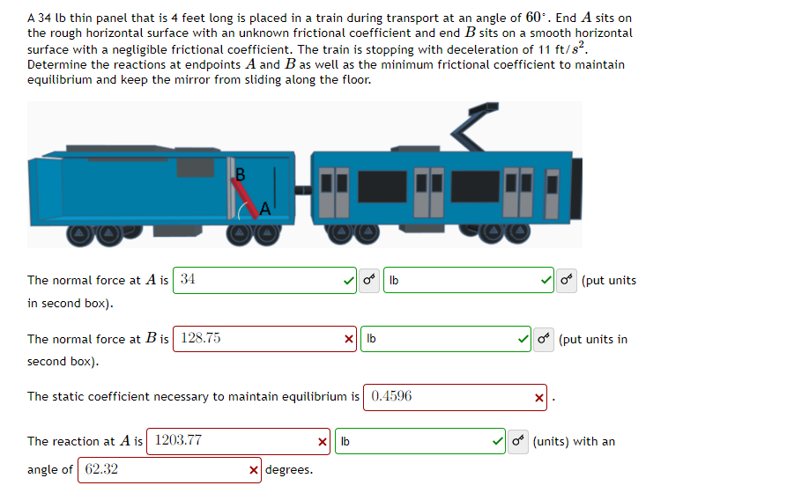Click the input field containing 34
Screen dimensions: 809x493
click(256, 280)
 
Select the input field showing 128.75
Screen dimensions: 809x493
click(256, 339)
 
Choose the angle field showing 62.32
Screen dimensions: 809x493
click(159, 470)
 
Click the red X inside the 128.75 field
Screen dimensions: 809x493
click(350, 339)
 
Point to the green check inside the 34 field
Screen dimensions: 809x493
click(350, 281)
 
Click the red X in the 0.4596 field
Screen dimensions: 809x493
click(539, 397)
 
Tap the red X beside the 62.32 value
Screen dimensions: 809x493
click(255, 470)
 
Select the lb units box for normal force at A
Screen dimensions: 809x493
click(458, 280)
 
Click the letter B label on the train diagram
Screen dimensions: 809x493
click(240, 173)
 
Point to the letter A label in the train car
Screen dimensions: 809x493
click(265, 208)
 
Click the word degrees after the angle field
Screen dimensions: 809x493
click(289, 470)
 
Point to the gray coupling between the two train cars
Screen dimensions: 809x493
click(303, 189)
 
